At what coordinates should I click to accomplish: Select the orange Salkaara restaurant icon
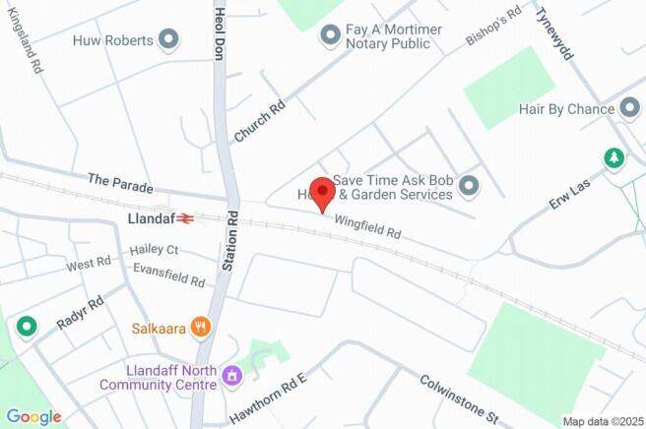[x=201, y=326]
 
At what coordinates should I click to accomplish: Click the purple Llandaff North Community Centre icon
[x=232, y=375]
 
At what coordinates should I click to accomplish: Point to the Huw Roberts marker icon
[x=169, y=40]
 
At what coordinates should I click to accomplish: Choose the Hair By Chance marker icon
[x=629, y=109]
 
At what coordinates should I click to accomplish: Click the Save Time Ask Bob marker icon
[x=469, y=185]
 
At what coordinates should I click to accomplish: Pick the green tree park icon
[x=614, y=157]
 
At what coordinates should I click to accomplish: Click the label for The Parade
[x=116, y=180]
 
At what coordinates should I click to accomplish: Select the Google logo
[x=32, y=416]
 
